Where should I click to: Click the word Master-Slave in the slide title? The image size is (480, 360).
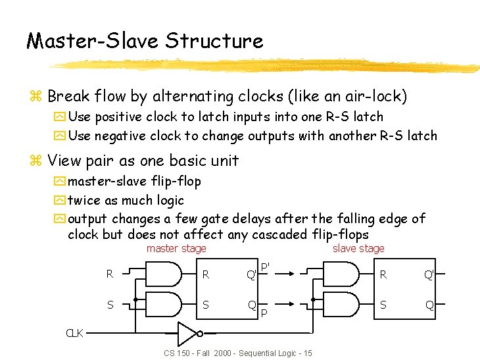[x=92, y=41]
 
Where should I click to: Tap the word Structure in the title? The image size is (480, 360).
[x=214, y=41]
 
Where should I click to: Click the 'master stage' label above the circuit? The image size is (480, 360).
[x=176, y=248]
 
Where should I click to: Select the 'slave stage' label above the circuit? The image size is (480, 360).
[x=358, y=248]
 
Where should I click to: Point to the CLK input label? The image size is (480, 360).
[x=74, y=333]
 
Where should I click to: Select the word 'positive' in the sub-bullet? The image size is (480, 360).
[x=117, y=117]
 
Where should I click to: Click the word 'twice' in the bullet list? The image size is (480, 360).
[x=83, y=200]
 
